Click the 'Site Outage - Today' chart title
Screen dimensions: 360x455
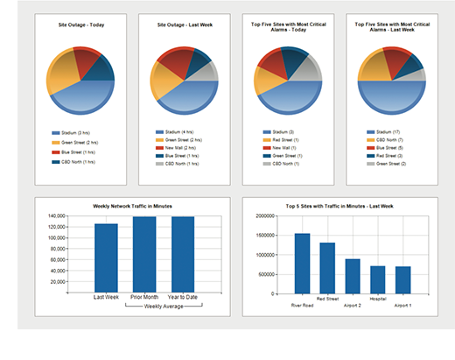point(80,26)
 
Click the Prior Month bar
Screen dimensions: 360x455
point(144,254)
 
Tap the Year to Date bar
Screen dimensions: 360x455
point(183,254)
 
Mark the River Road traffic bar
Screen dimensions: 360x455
point(302,263)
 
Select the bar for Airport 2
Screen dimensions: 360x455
point(352,275)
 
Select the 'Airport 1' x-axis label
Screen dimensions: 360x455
point(402,306)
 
